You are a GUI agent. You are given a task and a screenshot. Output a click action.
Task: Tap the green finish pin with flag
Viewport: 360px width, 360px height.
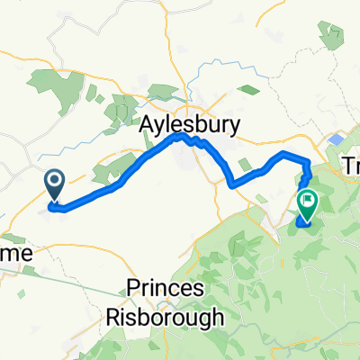[x=308, y=206]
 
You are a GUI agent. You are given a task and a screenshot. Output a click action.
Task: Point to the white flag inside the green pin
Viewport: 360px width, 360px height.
[x=308, y=202]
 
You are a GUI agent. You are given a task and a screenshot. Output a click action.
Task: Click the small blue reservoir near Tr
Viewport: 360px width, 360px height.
[x=336, y=141]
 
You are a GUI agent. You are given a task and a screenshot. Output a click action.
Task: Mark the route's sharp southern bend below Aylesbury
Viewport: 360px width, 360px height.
[x=232, y=184]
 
